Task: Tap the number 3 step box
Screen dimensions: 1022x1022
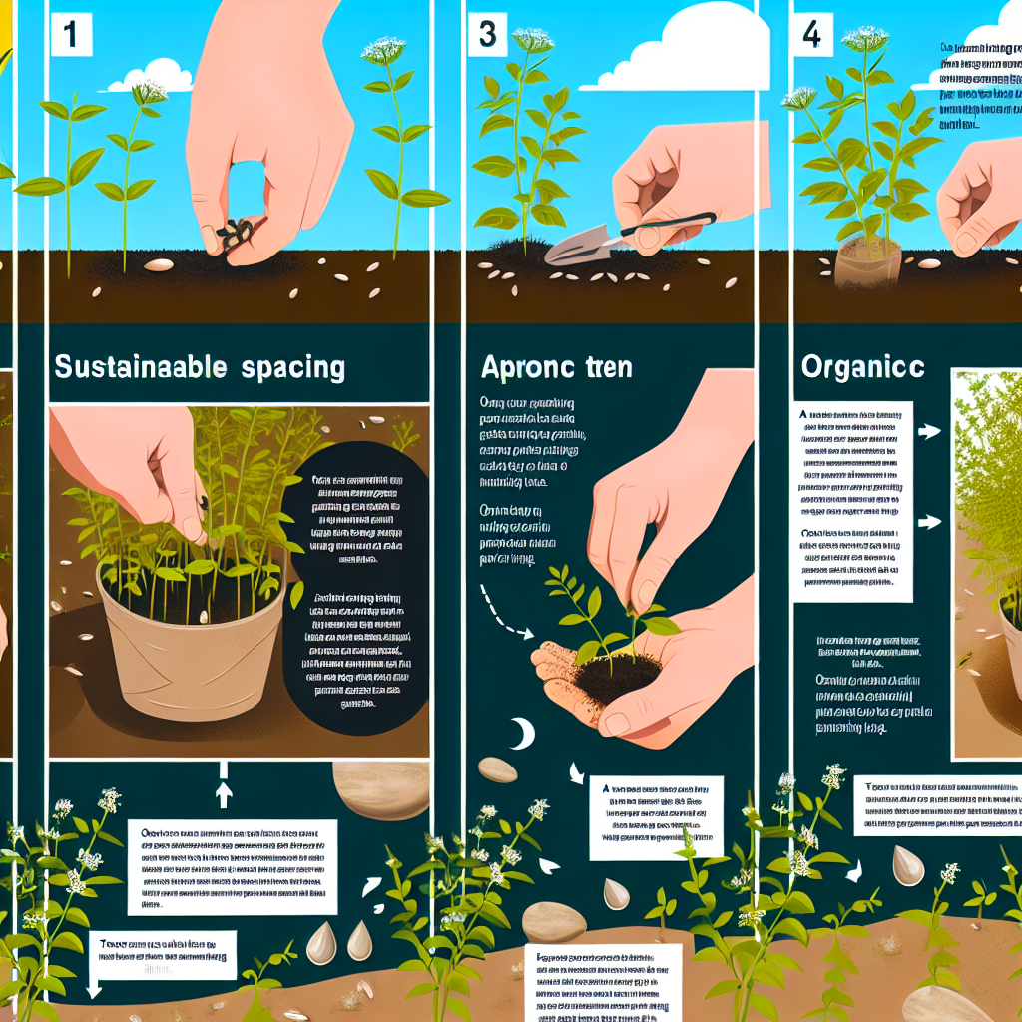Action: pos(488,34)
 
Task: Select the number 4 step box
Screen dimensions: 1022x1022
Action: pos(812,34)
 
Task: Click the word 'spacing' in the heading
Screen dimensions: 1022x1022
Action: pos(292,367)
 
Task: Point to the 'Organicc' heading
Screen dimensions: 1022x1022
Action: pos(863,366)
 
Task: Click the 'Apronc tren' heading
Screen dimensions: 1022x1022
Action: pos(556,367)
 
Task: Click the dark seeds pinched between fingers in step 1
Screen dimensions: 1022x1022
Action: pos(234,234)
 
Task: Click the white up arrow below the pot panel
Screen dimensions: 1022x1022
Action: pos(224,793)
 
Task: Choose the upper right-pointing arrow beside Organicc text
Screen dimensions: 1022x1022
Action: pos(930,433)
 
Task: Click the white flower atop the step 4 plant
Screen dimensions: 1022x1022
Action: pos(864,39)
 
